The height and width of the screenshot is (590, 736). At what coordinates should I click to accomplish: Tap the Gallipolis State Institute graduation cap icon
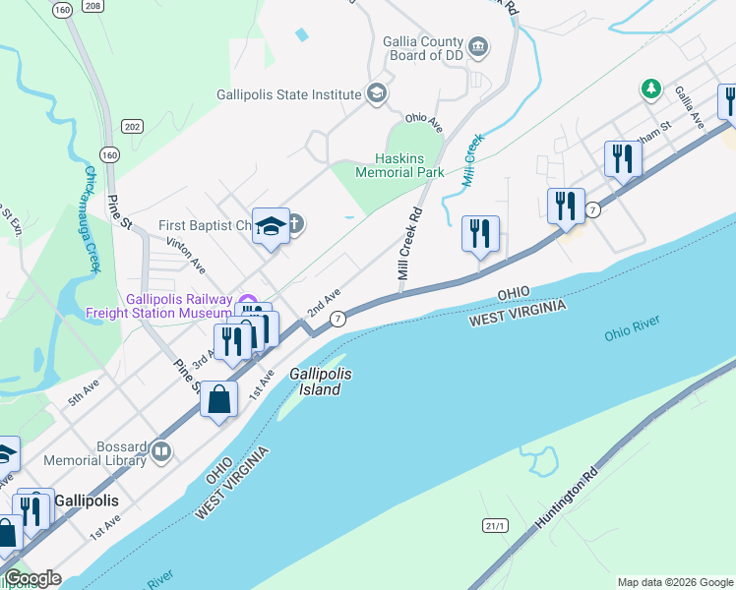pos(376,94)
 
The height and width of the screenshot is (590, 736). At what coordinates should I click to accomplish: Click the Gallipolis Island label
pos(320,383)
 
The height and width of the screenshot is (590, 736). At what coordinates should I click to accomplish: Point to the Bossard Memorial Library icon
pos(162,453)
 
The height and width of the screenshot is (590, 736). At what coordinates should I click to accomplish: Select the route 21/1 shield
pos(496,527)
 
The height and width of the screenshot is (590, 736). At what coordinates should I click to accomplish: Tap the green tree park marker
pos(649,89)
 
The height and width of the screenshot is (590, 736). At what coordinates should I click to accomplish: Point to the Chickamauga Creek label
pos(92,218)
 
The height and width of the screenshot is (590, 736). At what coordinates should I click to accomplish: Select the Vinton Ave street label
pos(185,254)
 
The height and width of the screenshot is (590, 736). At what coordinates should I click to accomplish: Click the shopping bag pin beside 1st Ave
pos(219,399)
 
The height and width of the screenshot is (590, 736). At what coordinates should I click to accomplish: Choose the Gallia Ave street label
pos(689,105)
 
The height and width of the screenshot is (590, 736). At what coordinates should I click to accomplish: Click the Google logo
pos(32,578)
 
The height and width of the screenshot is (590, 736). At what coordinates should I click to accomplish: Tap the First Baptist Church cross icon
pos(294,224)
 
